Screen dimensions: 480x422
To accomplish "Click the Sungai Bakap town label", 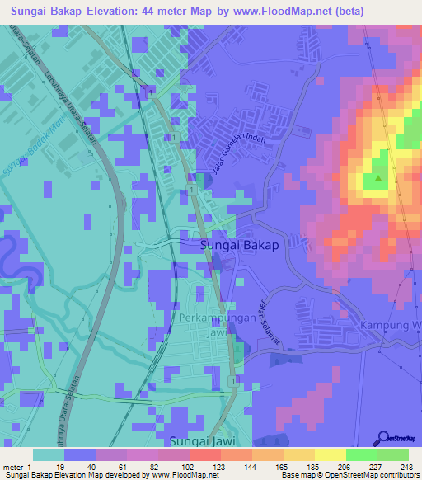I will (239, 245).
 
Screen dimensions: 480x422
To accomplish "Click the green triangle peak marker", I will (378, 177).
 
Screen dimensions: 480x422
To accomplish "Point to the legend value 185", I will (301, 468).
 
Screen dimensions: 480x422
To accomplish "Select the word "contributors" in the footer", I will (398, 476).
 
